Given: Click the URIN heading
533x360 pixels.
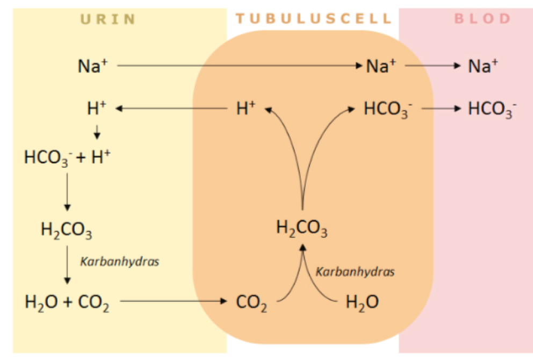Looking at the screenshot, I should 107,19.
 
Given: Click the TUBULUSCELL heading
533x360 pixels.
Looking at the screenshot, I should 314,19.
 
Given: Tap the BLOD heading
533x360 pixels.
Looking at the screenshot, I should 482,19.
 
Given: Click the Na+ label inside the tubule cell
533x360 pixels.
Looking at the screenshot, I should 381,66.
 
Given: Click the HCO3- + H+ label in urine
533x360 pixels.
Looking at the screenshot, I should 67,158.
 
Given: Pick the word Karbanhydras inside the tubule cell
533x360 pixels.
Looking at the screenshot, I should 355,272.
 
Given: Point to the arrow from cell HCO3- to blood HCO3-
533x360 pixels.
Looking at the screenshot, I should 441,109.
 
